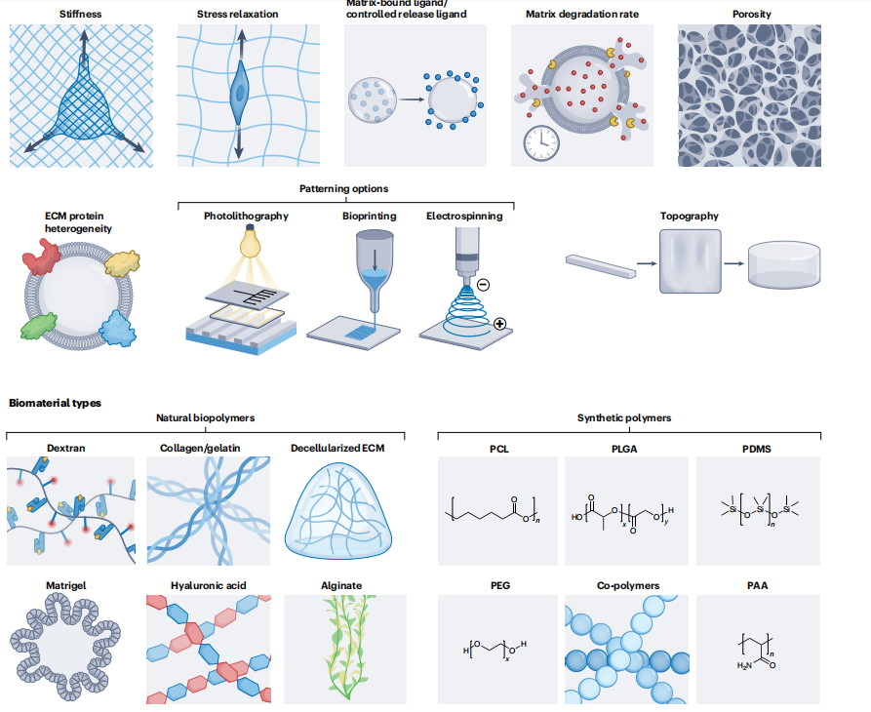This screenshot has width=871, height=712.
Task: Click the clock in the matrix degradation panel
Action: [x=540, y=143]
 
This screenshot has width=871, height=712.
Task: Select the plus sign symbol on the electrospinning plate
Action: [x=500, y=323]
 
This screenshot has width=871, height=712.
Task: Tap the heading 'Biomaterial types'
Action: [x=55, y=402]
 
